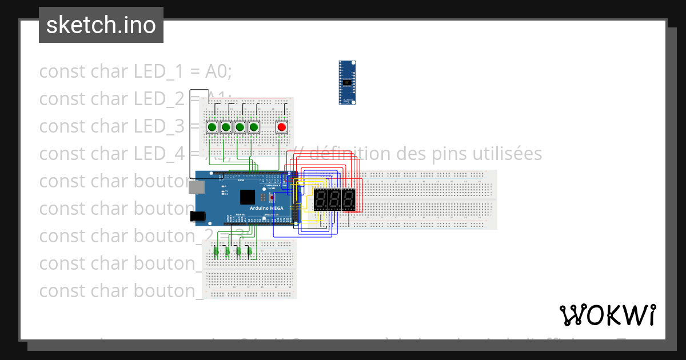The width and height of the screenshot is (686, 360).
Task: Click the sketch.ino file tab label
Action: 101,25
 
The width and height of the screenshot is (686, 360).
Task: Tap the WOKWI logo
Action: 607,315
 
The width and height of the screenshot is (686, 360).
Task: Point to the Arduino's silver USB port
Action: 197,187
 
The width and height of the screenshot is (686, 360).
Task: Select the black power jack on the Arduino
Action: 198,216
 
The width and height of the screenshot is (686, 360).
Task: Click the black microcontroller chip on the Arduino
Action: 248,197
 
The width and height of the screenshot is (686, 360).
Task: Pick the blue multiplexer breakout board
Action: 347,82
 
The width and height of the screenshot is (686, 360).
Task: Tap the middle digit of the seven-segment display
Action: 334,199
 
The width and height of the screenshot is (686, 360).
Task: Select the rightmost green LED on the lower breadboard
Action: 249,250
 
